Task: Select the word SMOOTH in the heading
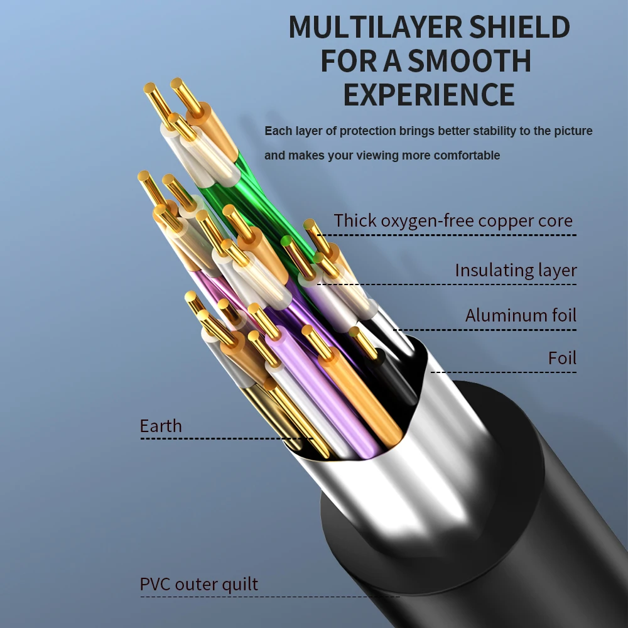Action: click(x=469, y=61)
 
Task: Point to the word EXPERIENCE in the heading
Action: click(x=429, y=94)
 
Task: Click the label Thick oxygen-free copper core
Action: click(x=453, y=221)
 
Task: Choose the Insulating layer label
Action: click(x=516, y=271)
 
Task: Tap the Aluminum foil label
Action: click(x=521, y=315)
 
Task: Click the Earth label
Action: click(x=161, y=426)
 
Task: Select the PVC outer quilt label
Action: click(x=198, y=585)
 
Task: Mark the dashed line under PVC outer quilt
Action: click(x=270, y=597)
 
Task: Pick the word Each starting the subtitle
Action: click(x=276, y=131)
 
